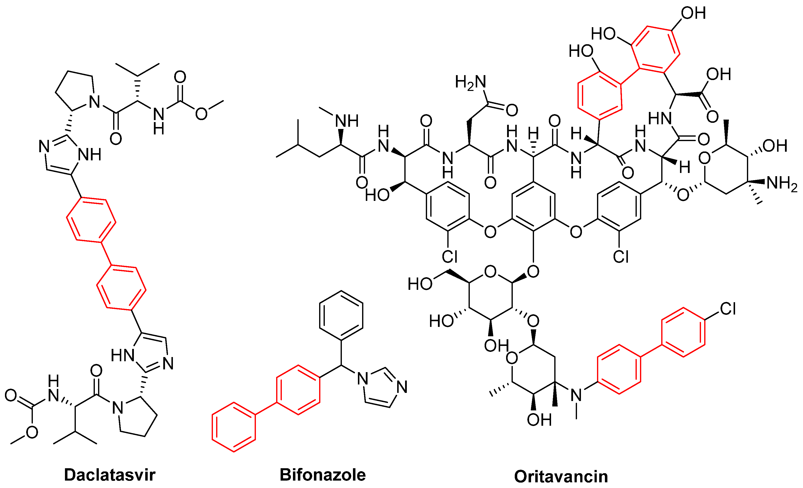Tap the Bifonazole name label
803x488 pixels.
[x=323, y=475]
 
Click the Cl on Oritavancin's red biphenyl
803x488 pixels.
[x=728, y=309]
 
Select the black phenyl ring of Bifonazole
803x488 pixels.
[x=341, y=316]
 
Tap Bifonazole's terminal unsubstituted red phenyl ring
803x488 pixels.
[x=234, y=427]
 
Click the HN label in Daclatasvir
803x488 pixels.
[x=123, y=355]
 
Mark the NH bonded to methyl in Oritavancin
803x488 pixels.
[x=347, y=121]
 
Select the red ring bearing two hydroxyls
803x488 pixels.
[x=655, y=49]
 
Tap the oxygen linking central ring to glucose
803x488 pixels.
[x=533, y=271]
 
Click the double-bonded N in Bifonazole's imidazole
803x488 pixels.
[x=402, y=387]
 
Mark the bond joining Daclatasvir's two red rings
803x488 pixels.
[x=106, y=253]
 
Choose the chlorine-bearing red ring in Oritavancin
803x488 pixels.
[x=683, y=332]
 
